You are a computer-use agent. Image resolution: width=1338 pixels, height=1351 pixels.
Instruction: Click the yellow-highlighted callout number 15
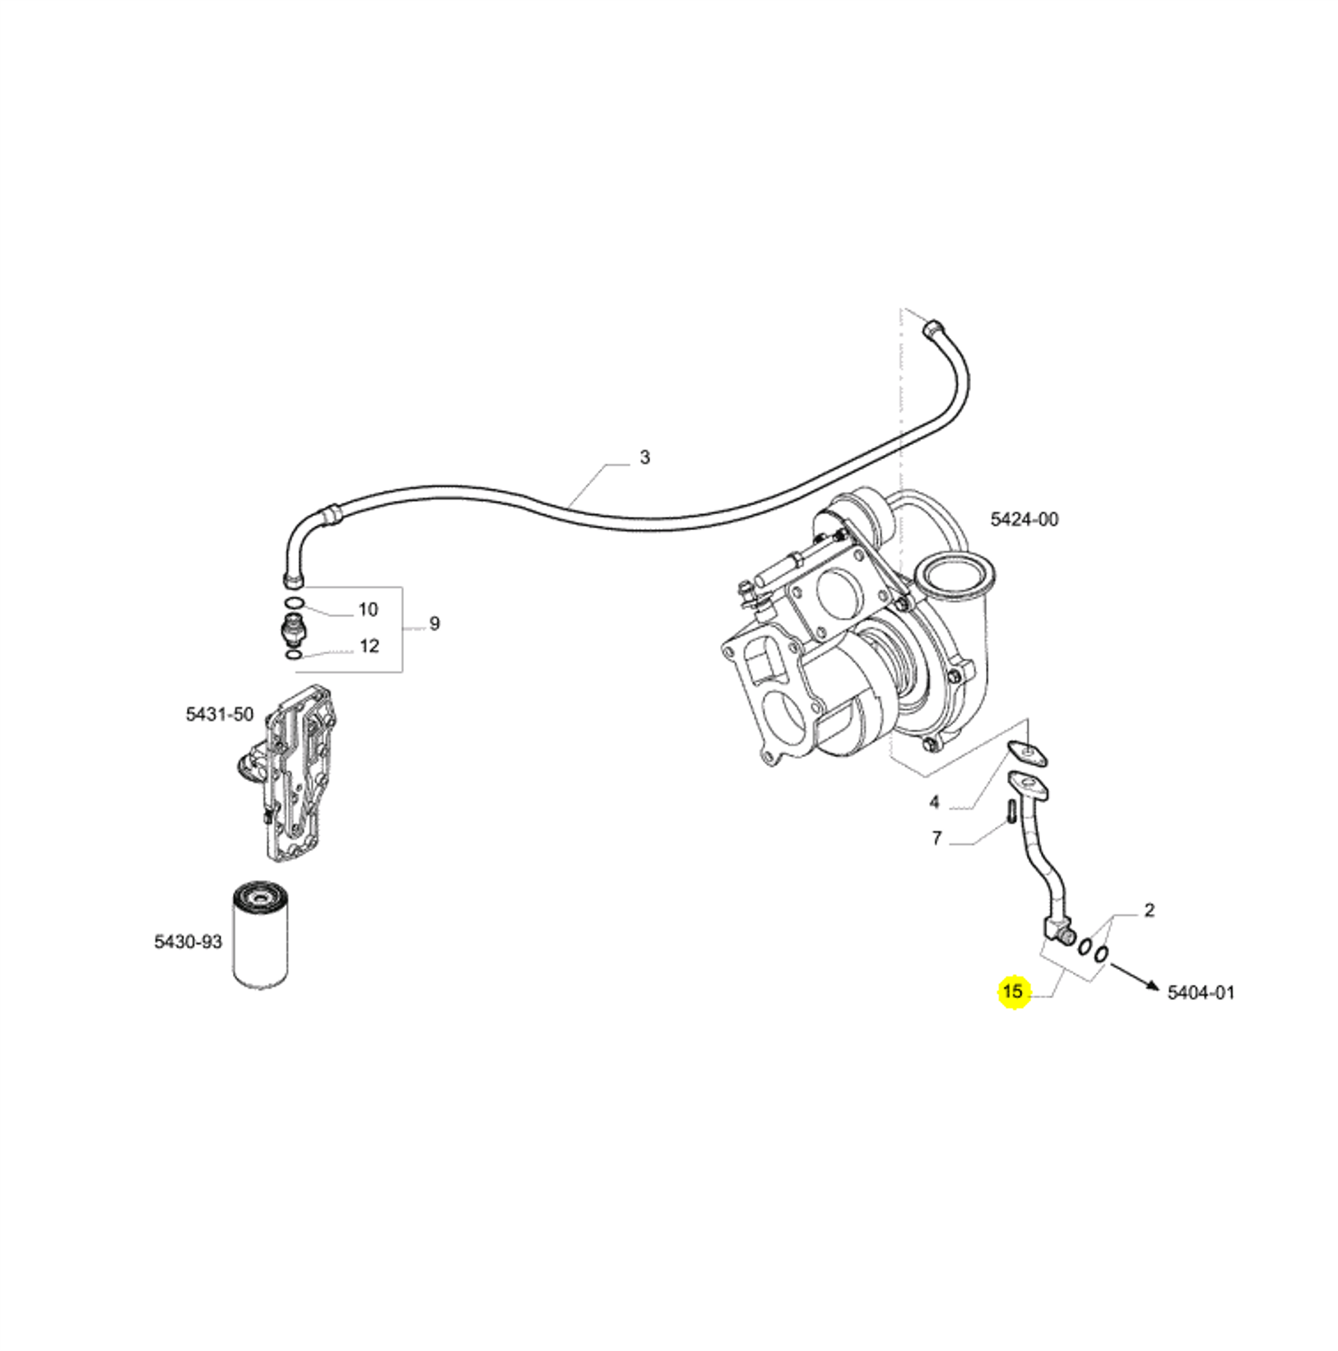click(1013, 991)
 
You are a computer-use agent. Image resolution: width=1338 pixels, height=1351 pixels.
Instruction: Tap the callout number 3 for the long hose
click(644, 457)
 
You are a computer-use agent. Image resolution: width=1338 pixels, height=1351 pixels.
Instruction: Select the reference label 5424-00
click(1024, 519)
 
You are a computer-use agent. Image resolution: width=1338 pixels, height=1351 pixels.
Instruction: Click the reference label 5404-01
click(1201, 993)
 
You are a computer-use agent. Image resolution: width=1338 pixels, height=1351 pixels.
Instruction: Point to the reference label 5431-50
click(220, 714)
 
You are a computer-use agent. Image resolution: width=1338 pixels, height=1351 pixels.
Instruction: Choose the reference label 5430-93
click(188, 941)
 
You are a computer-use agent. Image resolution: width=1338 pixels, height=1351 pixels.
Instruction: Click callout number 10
click(368, 610)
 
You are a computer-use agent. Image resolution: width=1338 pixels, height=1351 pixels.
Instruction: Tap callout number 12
click(369, 646)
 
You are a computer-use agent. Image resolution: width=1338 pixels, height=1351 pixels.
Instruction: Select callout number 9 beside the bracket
click(434, 624)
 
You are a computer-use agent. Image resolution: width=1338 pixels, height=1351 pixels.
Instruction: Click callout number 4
click(934, 802)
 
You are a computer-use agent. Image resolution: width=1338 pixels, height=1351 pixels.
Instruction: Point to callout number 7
click(936, 839)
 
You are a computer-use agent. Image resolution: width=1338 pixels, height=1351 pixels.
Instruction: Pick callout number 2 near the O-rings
click(1149, 910)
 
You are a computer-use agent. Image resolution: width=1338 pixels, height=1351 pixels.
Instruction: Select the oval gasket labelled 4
click(1028, 752)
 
